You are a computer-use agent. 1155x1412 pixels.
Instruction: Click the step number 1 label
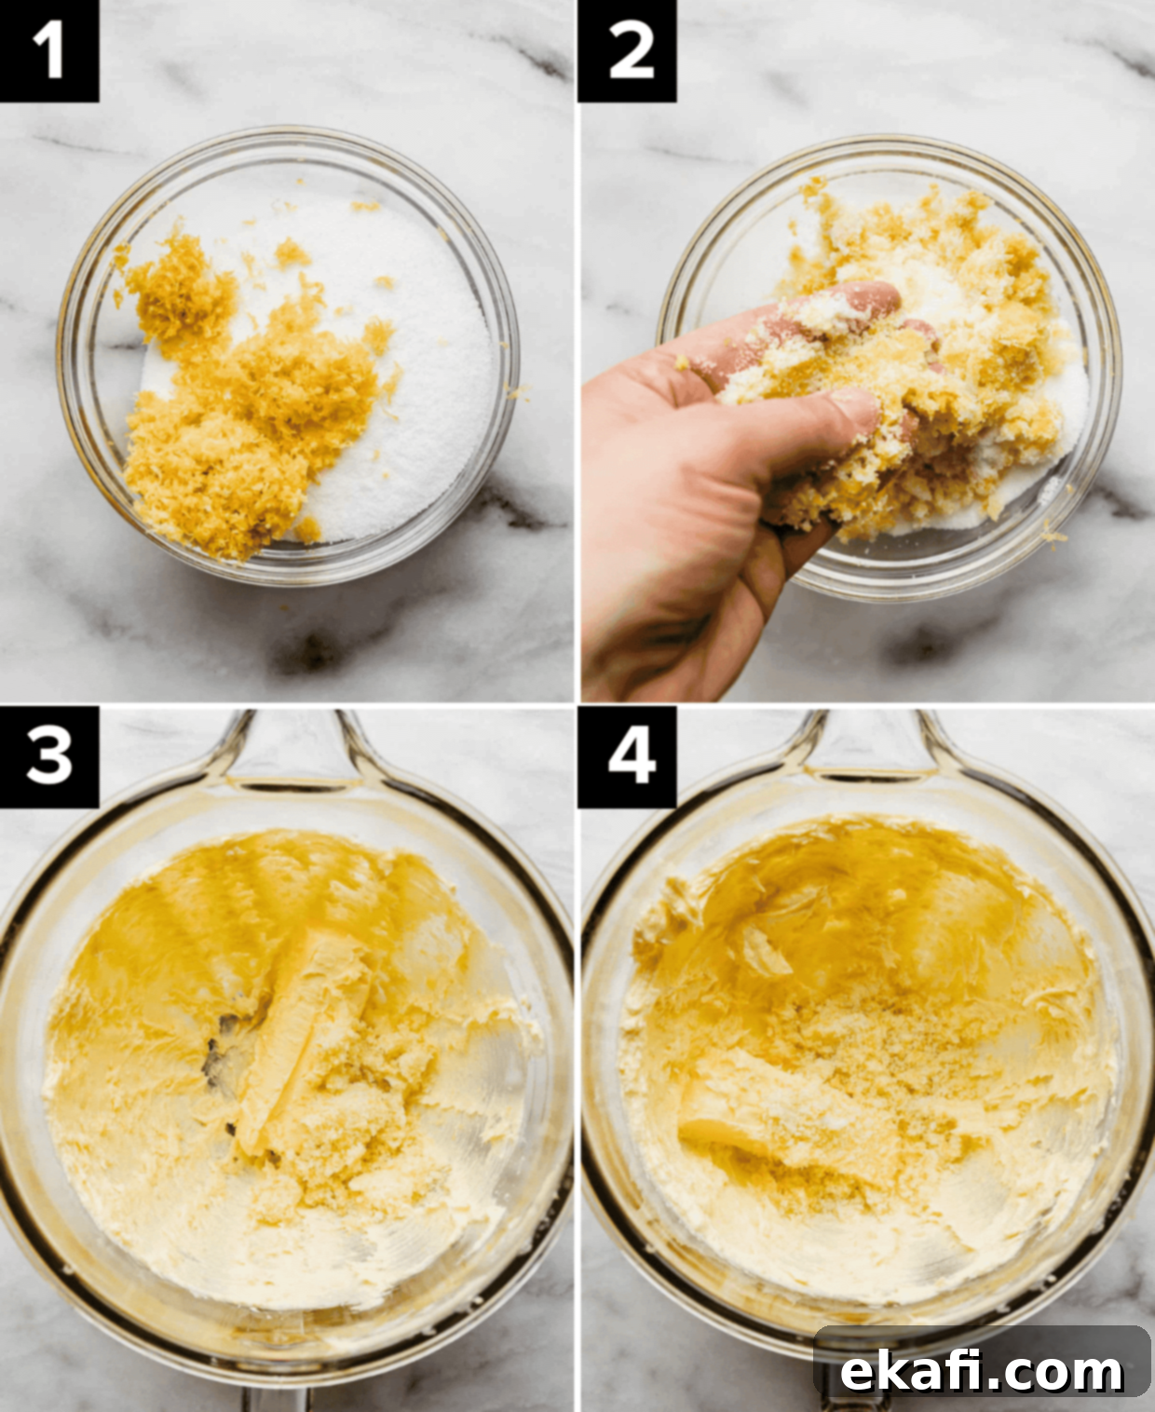(49, 51)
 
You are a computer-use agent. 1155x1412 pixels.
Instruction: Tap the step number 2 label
(628, 51)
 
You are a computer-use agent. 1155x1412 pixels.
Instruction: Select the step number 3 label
(49, 756)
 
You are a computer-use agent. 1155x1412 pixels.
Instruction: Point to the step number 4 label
(628, 756)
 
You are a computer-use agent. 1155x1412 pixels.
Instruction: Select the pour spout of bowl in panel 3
(294, 750)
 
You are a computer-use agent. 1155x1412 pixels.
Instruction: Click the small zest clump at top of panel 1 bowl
(292, 253)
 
